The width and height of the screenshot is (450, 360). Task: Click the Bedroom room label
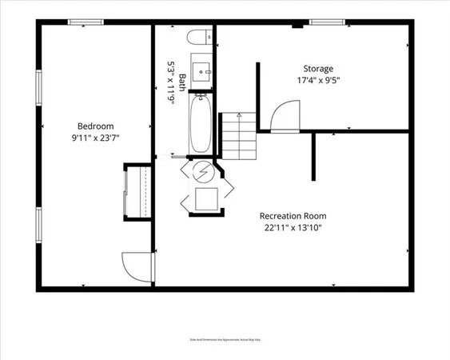coord(95,126)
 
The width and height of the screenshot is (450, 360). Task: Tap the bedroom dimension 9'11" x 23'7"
coord(95,137)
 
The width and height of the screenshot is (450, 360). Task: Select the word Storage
coord(317,69)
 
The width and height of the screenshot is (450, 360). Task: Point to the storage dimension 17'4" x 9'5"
coord(317,80)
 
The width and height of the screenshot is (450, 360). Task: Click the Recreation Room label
coord(293,216)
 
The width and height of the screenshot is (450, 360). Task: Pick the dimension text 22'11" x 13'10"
coord(293,227)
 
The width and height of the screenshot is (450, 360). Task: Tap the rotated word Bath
coord(182,83)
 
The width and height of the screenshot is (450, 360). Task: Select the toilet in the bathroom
coord(200,35)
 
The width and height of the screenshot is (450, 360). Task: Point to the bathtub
coord(200,125)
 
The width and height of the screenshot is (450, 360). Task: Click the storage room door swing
coord(283,118)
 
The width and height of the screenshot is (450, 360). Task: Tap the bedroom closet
coord(137,191)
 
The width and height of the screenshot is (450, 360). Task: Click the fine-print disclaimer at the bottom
coord(225,339)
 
